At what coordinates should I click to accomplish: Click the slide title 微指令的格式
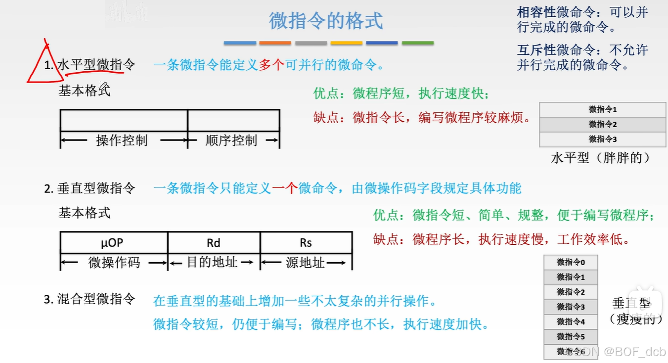pyautogui.click(x=326, y=21)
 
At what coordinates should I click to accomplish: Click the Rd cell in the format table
pyautogui.click(x=214, y=242)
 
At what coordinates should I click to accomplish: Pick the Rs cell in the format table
pyautogui.click(x=306, y=242)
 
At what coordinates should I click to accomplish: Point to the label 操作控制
pyautogui.click(x=122, y=140)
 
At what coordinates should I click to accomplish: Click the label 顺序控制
pyautogui.click(x=231, y=140)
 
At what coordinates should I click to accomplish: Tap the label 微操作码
pyautogui.click(x=114, y=263)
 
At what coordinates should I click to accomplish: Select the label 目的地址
pyautogui.click(x=213, y=263)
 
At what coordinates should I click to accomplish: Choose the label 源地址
pyautogui.click(x=305, y=263)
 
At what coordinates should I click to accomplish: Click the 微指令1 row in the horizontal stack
pyautogui.click(x=602, y=109)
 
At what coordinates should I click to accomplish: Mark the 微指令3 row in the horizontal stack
pyautogui.click(x=602, y=139)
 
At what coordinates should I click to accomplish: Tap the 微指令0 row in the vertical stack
pyautogui.click(x=571, y=262)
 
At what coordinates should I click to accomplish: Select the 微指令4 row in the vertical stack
pyautogui.click(x=571, y=321)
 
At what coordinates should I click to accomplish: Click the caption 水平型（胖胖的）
pyautogui.click(x=600, y=158)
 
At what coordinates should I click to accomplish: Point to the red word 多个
pyautogui.click(x=271, y=65)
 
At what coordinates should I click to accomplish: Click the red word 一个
pyautogui.click(x=284, y=188)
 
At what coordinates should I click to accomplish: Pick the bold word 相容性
pyautogui.click(x=536, y=12)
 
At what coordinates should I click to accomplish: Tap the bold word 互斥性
pyautogui.click(x=536, y=50)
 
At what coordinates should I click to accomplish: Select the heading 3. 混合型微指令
pyautogui.click(x=89, y=299)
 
